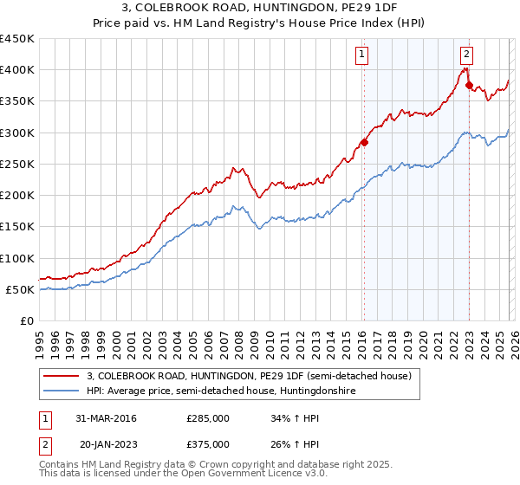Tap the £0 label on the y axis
26,321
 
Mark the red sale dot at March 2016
364,142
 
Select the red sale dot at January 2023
469,85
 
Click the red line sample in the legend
62,376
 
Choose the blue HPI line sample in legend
62,391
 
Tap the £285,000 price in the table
208,419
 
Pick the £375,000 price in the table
208,444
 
